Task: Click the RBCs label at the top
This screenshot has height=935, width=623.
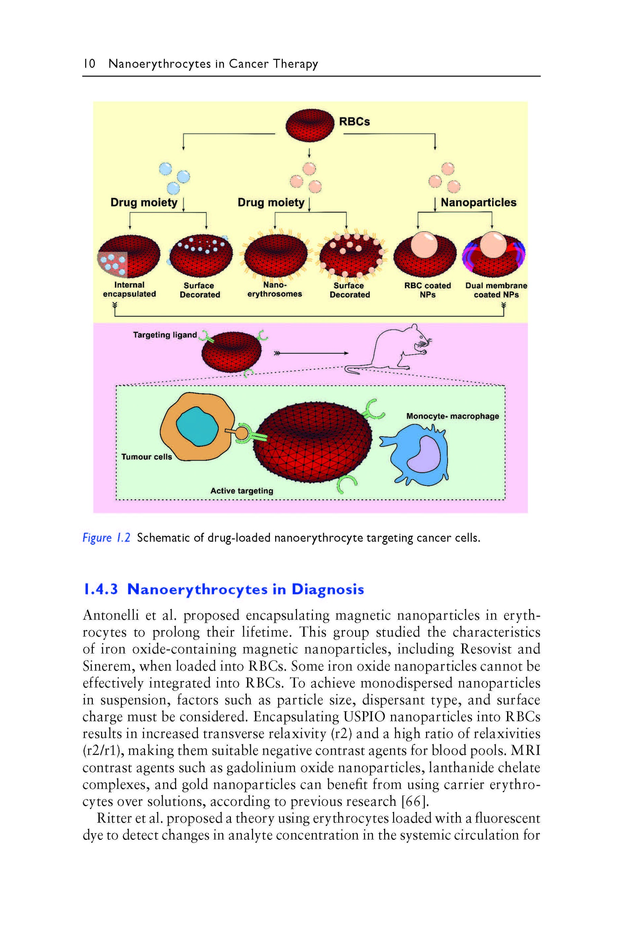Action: pyautogui.click(x=354, y=122)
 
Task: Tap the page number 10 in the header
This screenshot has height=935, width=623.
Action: pyautogui.click(x=89, y=64)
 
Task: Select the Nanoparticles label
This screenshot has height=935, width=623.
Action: pyautogui.click(x=478, y=202)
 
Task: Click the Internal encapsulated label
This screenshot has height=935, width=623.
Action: pyautogui.click(x=129, y=290)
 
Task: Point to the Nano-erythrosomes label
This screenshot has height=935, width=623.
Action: pyautogui.click(x=274, y=290)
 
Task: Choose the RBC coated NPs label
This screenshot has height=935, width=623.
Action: pyautogui.click(x=427, y=290)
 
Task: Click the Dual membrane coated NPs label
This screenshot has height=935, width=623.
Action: pyautogui.click(x=496, y=290)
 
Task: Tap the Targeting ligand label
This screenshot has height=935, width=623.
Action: pyautogui.click(x=165, y=335)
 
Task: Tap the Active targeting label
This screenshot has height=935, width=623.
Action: pyautogui.click(x=242, y=491)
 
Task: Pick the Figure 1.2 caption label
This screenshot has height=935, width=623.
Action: pyautogui.click(x=106, y=538)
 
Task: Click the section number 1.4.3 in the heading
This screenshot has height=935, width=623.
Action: pyautogui.click(x=101, y=589)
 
